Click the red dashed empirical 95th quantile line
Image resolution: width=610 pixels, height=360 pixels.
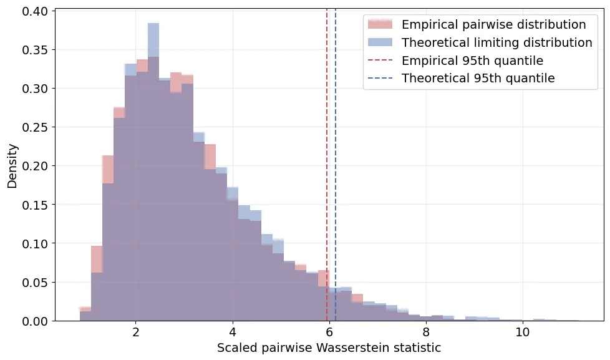coord(327,187)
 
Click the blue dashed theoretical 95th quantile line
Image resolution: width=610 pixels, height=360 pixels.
coord(336,187)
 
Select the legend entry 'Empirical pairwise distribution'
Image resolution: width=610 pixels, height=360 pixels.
coord(493,25)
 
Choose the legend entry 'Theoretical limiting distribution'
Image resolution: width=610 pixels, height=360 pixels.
coord(496,43)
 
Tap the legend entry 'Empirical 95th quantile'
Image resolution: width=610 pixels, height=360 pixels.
coord(472,61)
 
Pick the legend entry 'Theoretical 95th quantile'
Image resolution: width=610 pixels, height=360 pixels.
coord(478,79)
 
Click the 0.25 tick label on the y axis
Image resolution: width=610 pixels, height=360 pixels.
coord(36,127)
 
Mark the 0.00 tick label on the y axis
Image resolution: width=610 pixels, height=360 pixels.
coord(36,321)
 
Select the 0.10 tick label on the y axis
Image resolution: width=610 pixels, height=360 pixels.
coord(36,243)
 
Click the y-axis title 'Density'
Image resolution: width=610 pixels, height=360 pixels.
coord(12,165)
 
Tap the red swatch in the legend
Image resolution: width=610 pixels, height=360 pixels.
coord(380,25)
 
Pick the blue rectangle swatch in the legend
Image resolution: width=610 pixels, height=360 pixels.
coord(380,43)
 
